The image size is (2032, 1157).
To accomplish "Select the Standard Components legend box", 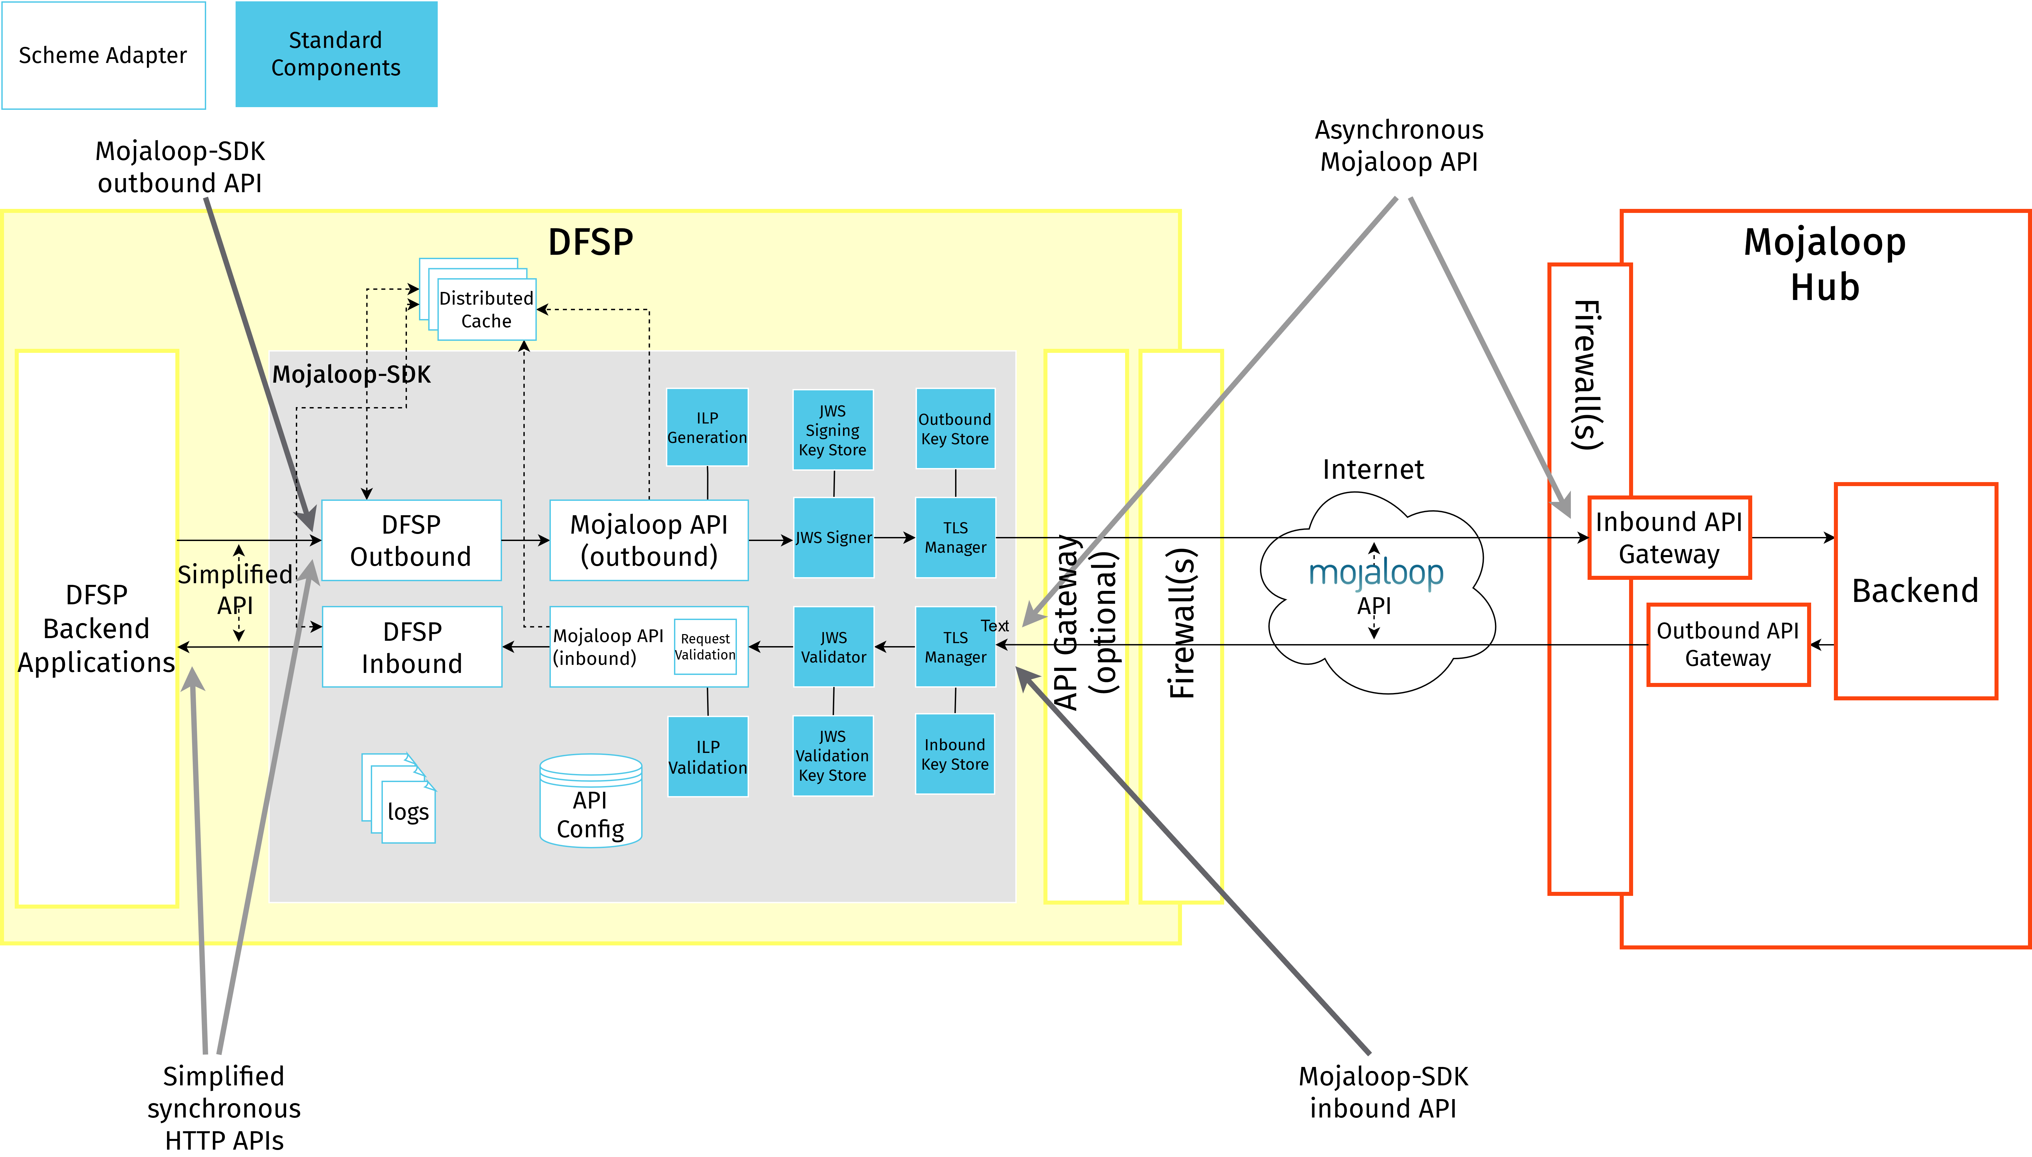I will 336,54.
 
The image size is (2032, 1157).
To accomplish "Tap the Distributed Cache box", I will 486,309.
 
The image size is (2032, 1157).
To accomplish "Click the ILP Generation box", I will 707,428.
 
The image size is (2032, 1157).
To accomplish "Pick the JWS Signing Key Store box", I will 833,430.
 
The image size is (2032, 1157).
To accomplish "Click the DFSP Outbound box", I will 411,540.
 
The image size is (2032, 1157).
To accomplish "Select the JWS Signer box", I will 833,538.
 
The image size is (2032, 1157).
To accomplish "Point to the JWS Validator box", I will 833,647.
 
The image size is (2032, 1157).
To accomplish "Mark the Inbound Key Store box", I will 955,754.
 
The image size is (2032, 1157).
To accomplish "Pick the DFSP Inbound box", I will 412,647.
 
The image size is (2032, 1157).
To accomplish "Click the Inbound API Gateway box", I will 1669,538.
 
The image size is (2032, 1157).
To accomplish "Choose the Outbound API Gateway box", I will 1728,644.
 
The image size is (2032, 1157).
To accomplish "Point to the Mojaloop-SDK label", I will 351,374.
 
